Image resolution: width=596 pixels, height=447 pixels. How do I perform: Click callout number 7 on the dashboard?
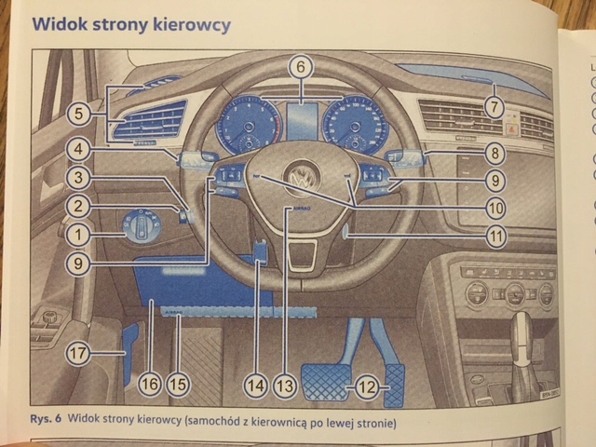click(x=492, y=107)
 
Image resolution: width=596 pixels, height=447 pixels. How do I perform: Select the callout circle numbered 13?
click(x=285, y=382)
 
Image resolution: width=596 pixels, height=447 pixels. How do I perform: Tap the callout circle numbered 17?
click(x=80, y=353)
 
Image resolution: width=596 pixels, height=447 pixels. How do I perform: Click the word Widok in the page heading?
click(x=61, y=24)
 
